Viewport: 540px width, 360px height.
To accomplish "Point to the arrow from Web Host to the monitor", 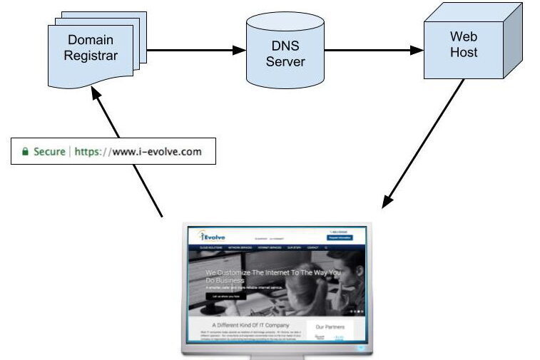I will point(424,143).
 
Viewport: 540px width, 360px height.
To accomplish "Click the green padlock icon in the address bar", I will point(25,152).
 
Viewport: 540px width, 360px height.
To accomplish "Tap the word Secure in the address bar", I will point(48,152).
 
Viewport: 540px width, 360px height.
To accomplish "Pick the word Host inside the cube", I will point(464,51).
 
